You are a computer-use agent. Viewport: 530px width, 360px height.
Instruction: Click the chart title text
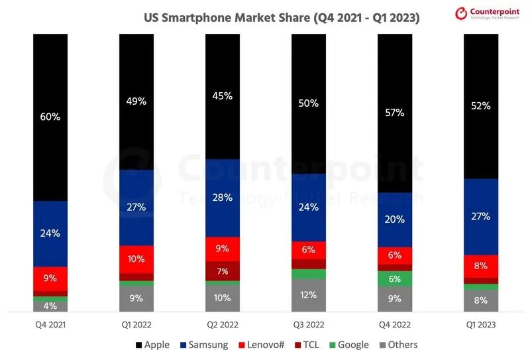[282, 18]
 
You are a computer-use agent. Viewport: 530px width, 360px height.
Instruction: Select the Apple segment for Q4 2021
[50, 117]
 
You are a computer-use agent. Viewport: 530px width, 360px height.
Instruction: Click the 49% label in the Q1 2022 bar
[136, 101]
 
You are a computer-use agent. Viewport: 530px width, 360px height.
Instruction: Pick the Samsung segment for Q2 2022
[223, 198]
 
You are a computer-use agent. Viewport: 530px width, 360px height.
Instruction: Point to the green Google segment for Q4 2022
[395, 278]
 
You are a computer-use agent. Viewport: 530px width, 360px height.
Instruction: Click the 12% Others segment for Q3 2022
[309, 295]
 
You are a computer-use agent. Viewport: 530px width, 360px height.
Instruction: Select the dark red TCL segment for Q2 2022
[223, 270]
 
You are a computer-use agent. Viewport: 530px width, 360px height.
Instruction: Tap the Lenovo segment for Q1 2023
[481, 267]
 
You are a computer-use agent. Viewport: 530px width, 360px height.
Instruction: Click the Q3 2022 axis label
[309, 325]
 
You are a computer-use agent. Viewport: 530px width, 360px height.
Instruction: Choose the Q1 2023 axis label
[481, 325]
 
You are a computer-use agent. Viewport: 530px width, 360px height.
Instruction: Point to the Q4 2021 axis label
[50, 325]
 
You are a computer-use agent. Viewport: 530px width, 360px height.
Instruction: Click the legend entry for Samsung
[204, 345]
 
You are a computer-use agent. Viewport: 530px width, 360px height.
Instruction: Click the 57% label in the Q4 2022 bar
[395, 113]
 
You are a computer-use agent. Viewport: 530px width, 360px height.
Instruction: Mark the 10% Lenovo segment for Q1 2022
[136, 259]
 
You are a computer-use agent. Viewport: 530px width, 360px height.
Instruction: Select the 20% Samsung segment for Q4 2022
[395, 219]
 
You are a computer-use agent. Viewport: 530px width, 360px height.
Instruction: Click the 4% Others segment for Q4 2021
[50, 306]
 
